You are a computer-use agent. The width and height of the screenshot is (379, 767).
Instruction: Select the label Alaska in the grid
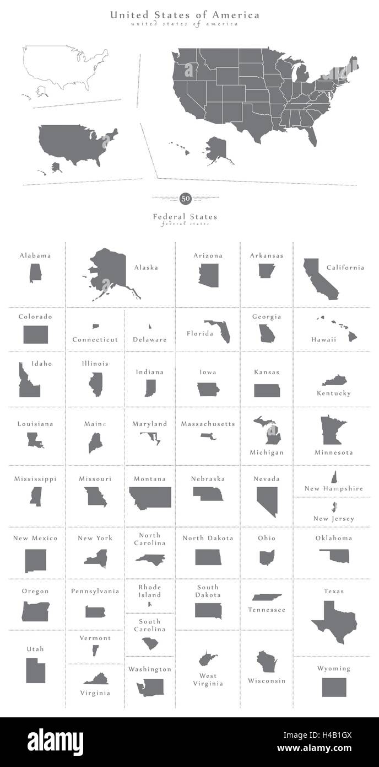pyautogui.click(x=146, y=268)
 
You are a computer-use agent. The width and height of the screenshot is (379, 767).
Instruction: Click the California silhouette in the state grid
pyautogui.click(x=320, y=278)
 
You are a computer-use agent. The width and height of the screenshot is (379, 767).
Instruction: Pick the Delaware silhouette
pyautogui.click(x=149, y=327)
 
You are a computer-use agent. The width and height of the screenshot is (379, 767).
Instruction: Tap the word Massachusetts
pyautogui.click(x=208, y=424)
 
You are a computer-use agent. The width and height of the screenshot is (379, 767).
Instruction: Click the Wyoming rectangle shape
pyautogui.click(x=334, y=687)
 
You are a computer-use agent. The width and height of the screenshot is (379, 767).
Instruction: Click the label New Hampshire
pyautogui.click(x=334, y=488)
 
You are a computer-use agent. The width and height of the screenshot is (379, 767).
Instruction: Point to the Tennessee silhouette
pyautogui.click(x=267, y=598)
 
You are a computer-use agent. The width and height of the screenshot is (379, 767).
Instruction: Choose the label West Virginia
pyautogui.click(x=208, y=679)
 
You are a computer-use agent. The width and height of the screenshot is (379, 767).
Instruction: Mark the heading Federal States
pyautogui.click(x=185, y=217)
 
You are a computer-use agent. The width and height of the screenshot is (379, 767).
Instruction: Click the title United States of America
pyautogui.click(x=185, y=15)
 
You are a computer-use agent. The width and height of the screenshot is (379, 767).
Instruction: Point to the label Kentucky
pyautogui.click(x=334, y=393)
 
